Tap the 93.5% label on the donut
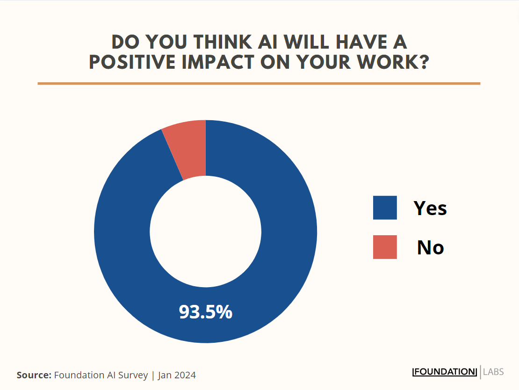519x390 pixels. [x=205, y=312]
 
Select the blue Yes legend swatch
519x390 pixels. [x=385, y=208]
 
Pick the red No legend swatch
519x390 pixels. [x=385, y=247]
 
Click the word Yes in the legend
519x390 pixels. [x=430, y=208]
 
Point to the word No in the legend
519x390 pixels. [x=430, y=247]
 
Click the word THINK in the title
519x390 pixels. [x=223, y=42]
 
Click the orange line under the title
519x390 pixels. [x=259, y=84]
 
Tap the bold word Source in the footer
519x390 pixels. [x=34, y=375]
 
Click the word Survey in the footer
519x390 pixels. [x=132, y=375]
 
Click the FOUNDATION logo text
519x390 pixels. [x=444, y=372]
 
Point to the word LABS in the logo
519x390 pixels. [x=493, y=372]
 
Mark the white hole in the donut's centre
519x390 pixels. [x=205, y=231]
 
